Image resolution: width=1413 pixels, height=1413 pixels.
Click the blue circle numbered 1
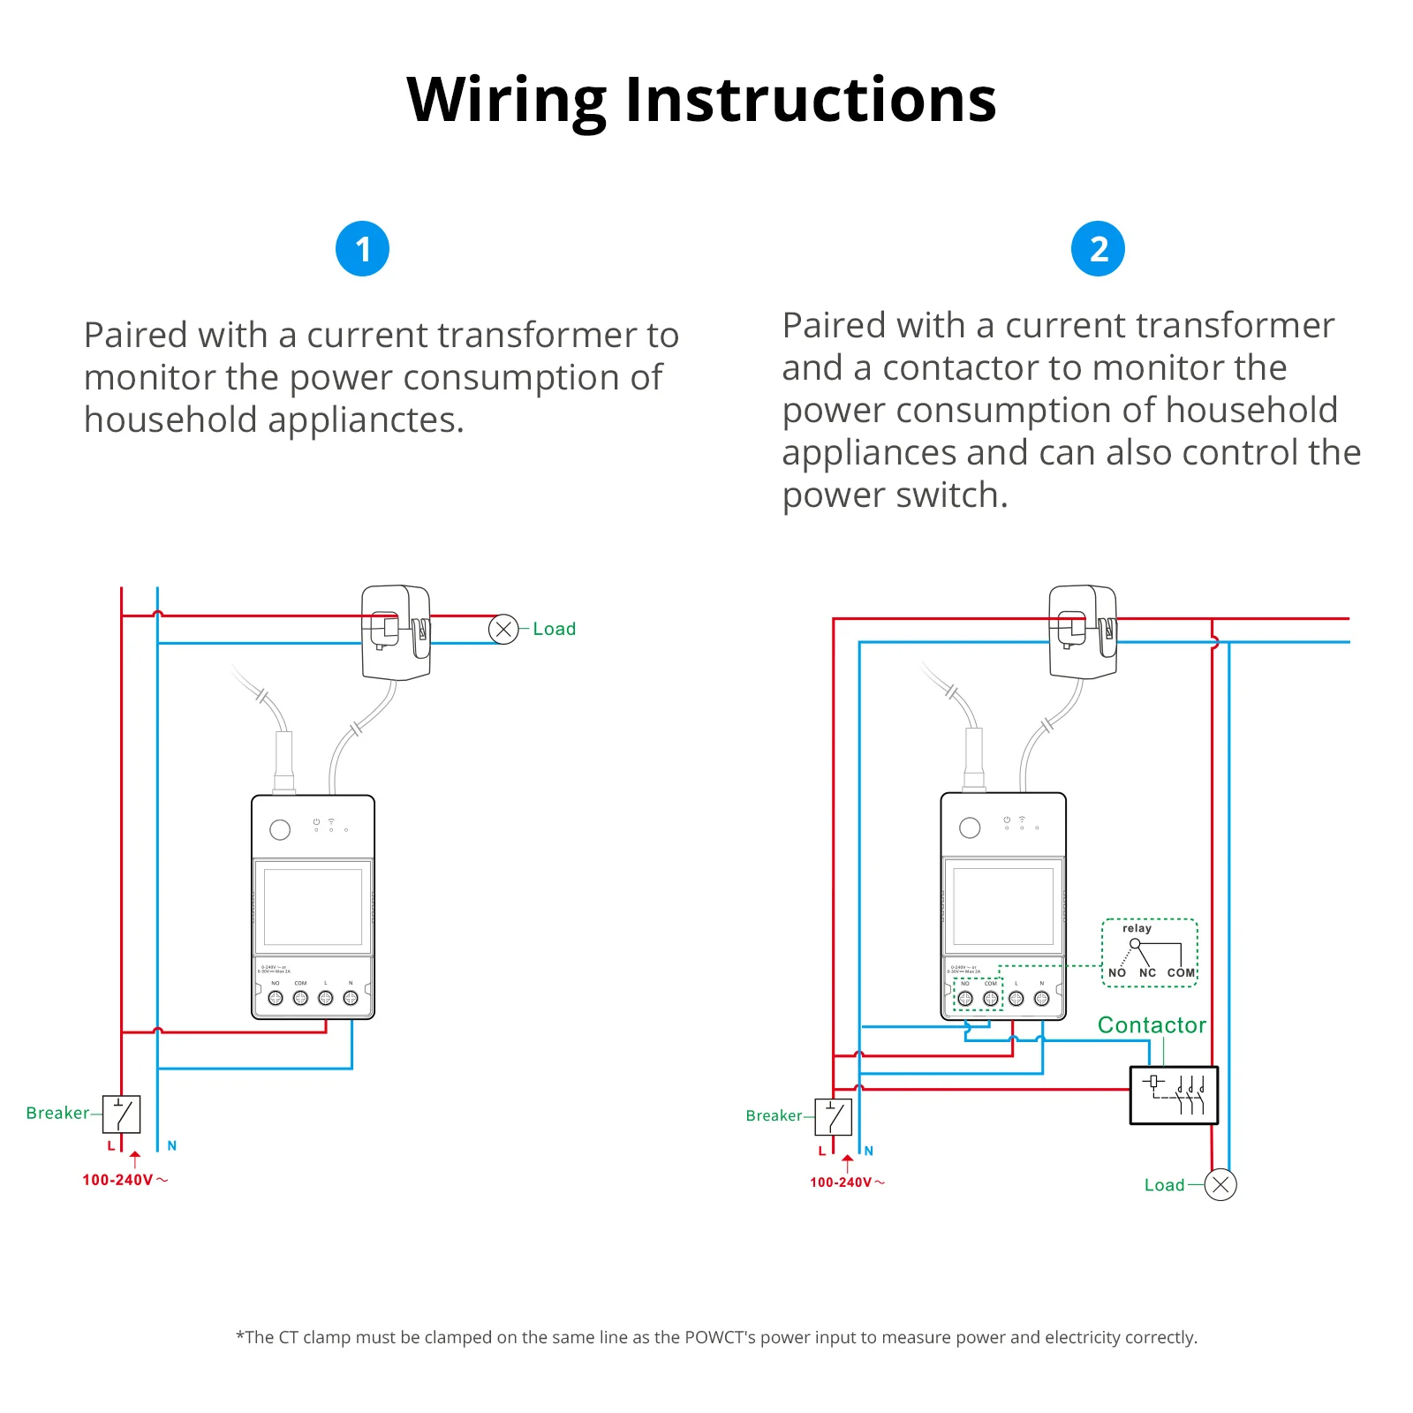pos(362,249)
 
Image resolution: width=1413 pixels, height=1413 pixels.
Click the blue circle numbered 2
pos(1098,249)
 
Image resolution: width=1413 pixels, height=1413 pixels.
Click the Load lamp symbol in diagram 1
pos(503,629)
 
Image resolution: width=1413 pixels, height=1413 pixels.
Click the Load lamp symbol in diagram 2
pos(1220,1184)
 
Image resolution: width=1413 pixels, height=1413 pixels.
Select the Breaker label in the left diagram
pos(57,1113)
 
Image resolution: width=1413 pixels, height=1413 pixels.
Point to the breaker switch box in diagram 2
pos(833,1116)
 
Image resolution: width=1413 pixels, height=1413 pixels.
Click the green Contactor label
pos(1152,1024)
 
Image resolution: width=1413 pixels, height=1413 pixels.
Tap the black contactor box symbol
pos(1174,1095)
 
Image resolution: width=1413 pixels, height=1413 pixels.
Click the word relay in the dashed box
pos(1137,928)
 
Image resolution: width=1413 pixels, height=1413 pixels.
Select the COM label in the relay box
pos(1181,972)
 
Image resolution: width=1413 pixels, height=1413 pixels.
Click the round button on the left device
pos(280,829)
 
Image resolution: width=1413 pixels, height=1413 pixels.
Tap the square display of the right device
pos(1003,906)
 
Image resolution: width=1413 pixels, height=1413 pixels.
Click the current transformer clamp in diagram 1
pos(396,632)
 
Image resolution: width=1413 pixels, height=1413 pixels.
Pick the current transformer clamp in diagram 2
pos(1083,632)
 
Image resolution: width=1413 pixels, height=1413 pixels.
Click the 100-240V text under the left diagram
pos(118,1180)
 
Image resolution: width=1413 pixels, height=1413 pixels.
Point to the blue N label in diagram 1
pos(172,1145)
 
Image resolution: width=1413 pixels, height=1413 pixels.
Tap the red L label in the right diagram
pos(821,1151)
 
